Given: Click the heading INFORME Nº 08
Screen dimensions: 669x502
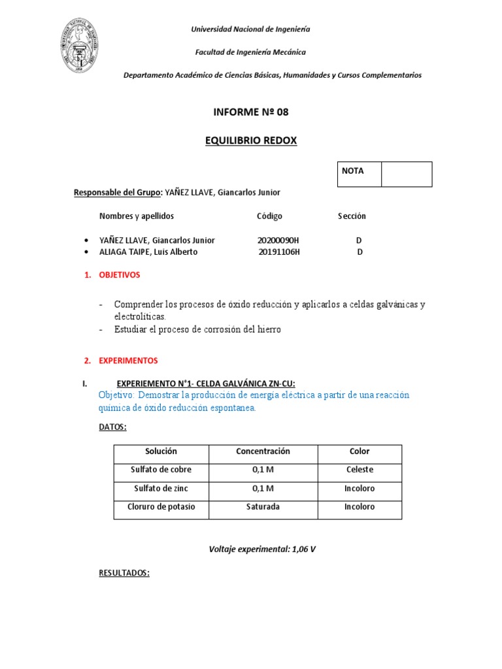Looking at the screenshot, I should pos(250,112).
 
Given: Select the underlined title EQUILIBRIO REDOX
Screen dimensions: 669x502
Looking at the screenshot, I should pos(250,140).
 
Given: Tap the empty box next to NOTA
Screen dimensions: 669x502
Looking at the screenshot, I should pos(406,174).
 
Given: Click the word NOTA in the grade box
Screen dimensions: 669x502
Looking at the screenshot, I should pos(353,171).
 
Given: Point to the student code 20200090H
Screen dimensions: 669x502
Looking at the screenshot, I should pos(278,240).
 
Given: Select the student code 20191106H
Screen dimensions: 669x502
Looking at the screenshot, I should pos(279,252).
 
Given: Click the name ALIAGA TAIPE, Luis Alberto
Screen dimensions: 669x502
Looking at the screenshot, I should pos(148,252).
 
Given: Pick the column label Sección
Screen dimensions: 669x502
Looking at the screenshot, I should pos(352,216).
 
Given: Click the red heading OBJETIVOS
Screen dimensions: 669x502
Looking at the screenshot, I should pos(120,275).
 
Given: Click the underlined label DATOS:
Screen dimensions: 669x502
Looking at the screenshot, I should pos(112,427).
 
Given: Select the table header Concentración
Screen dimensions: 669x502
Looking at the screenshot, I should pos(263,451).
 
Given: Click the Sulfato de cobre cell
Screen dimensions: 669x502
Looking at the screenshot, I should pos(161,470).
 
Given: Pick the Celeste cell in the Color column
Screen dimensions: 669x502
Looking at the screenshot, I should pos(360,470).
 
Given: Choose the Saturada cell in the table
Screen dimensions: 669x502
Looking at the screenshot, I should pos(263,507).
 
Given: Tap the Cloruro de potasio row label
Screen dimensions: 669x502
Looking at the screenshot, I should pos(161,507).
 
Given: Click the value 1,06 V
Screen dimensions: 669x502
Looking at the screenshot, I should pos(303,549).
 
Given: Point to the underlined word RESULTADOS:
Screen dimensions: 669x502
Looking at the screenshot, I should pos(124,573).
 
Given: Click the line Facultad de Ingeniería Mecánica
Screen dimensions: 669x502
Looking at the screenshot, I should pos(250,52).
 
